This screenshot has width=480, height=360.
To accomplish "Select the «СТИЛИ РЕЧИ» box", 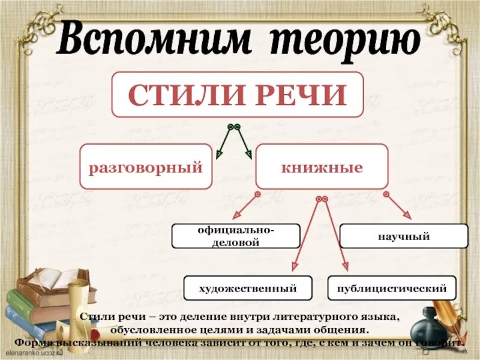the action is [x=238, y=94].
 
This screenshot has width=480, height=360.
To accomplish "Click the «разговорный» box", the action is [x=146, y=167].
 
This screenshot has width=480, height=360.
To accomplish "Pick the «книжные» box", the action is [x=322, y=167].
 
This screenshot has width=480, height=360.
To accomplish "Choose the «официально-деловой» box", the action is [x=236, y=236].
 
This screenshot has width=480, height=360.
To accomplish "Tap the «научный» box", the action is [x=404, y=236].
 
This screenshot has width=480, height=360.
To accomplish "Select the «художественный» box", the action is [x=248, y=288].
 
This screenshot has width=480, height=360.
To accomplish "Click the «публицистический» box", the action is [x=392, y=288].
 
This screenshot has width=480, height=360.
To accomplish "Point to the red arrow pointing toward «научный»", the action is [x=398, y=206].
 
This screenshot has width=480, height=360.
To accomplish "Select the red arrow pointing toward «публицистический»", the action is [x=336, y=234].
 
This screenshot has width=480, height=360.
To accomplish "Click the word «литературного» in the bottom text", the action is [x=317, y=317].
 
